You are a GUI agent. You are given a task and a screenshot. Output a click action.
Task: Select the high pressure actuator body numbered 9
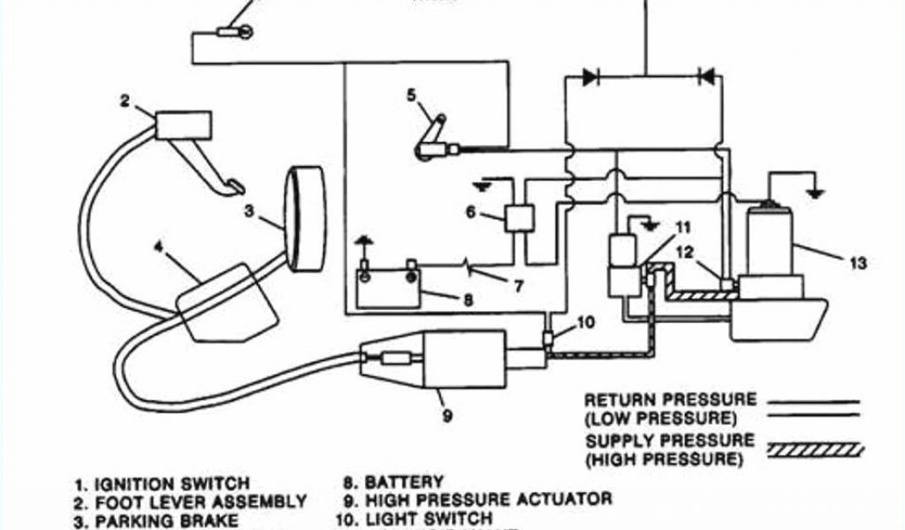[x=465, y=359]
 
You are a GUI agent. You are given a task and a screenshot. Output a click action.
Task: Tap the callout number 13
[x=856, y=264]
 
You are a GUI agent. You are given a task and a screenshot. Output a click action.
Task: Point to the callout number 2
[x=125, y=101]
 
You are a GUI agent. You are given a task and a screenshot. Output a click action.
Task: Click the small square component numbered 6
[x=519, y=216]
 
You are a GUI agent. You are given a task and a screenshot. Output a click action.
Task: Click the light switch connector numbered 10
[x=550, y=338]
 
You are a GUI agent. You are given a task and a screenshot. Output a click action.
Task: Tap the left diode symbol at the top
[x=589, y=78]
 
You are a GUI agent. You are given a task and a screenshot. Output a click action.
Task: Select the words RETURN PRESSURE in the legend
[x=670, y=400]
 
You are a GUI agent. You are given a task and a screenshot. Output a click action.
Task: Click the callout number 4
[x=158, y=248]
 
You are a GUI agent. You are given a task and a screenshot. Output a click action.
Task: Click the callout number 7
[x=520, y=284]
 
